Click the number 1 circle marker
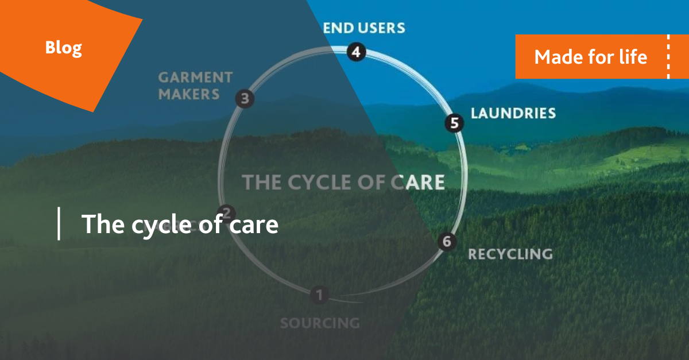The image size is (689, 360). point(319,296)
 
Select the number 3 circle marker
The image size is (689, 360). point(245,99)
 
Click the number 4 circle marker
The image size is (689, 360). point(356,52)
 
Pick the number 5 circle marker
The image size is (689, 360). point(454,123)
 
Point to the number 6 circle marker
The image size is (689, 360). point(446,241)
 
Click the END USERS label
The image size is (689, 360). point(363,28)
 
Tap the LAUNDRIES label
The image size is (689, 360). point(513,113)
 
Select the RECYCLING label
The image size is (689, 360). point(510,254)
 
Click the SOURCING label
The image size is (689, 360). point(320,323)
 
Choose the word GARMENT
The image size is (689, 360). point(195,77)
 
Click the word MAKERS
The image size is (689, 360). point(189,94)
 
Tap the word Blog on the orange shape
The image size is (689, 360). point(64,48)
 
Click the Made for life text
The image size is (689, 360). point(590,57)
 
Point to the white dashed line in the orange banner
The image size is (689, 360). point(668,56)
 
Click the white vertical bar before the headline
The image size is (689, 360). point(59,224)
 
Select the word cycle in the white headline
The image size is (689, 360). point(158,224)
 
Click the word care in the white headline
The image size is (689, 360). point(253,224)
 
